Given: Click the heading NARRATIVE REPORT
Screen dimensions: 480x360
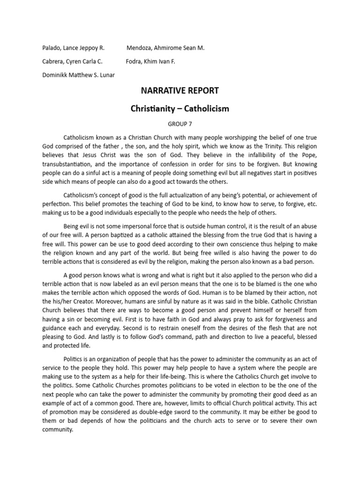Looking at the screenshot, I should point(180,90).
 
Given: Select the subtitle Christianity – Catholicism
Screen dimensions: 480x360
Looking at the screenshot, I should point(180,109).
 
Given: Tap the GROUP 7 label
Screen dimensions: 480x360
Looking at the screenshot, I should point(180,124).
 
